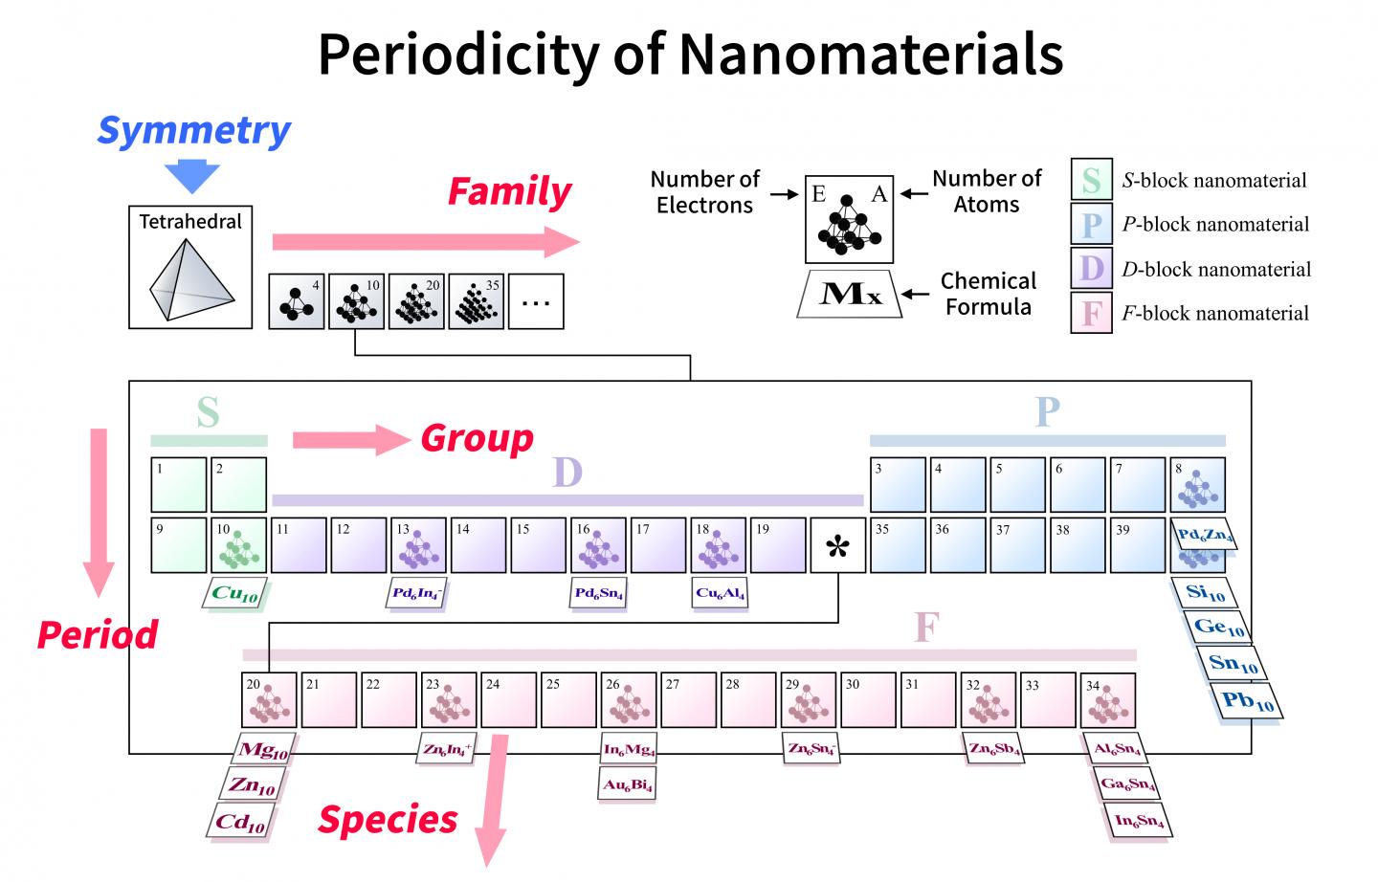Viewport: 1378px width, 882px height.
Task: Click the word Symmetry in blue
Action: pos(194,131)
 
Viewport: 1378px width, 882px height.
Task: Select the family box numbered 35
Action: pos(476,301)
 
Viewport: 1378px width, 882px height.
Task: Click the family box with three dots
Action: pos(536,301)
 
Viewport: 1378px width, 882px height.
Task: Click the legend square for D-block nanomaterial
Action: pos(1091,268)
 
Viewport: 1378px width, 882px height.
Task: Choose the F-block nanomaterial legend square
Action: pos(1091,313)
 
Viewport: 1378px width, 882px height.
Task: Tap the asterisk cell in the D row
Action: pos(837,546)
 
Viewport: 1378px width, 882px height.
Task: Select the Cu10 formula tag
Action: pos(234,594)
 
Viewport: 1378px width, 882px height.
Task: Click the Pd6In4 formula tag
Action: pos(417,593)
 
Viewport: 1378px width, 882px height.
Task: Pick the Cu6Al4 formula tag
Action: pos(720,593)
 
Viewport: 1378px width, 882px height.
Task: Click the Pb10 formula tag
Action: pos(1247,701)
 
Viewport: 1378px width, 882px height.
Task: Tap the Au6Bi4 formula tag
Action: pos(628,785)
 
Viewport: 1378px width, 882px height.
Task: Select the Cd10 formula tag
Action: pos(239,822)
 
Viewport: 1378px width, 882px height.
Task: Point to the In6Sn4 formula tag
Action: pos(1139,821)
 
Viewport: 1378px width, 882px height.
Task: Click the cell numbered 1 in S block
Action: pos(179,484)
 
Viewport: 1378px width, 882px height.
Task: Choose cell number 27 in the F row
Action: pos(688,700)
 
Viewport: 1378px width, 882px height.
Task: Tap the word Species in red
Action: pos(388,820)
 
